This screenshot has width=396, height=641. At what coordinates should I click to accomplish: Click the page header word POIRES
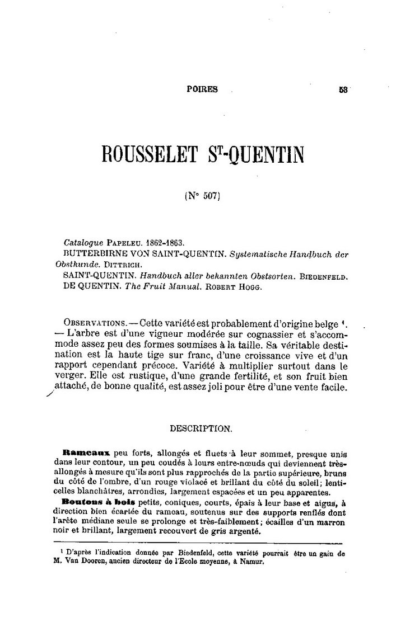tap(202, 88)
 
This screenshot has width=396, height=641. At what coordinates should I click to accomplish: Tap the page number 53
tap(343, 88)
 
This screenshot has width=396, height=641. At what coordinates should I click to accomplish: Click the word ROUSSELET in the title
tap(148, 153)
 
